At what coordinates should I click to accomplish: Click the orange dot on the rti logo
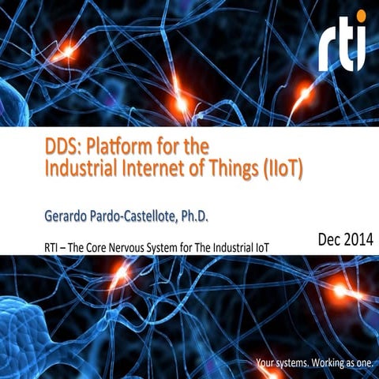pyautogui.click(x=362, y=18)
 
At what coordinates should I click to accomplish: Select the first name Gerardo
pyautogui.click(x=69, y=215)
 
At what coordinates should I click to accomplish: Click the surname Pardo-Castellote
pyautogui.click(x=147, y=215)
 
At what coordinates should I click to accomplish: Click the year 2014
pyautogui.click(x=359, y=239)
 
